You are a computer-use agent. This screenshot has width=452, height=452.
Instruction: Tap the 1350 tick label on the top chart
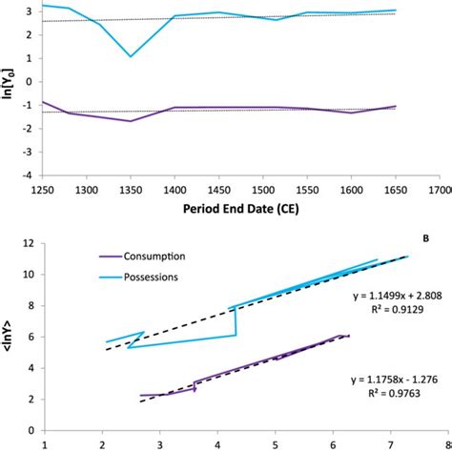click(130, 188)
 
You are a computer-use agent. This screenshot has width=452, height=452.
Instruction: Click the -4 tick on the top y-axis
click(31, 175)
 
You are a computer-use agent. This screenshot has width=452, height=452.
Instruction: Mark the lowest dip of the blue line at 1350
click(131, 56)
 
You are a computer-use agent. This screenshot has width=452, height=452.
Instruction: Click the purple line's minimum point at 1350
click(131, 121)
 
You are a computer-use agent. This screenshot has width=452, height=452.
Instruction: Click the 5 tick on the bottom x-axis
click(277, 442)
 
